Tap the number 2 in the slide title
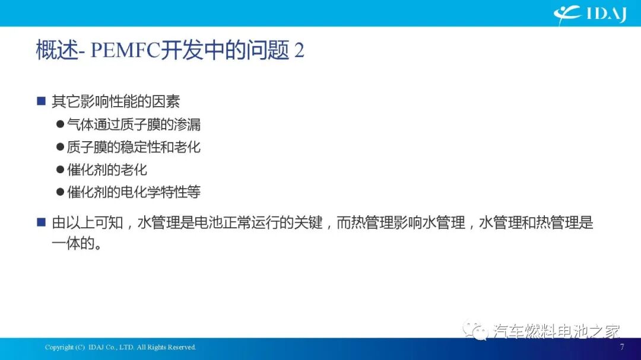click(299, 51)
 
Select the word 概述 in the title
click(57, 51)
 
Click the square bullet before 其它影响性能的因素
click(41, 101)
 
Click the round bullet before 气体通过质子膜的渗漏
click(60, 125)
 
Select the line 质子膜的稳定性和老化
click(134, 147)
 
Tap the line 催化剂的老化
click(107, 170)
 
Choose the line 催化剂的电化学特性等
click(134, 192)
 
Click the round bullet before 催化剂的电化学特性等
click(60, 192)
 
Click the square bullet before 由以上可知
click(41, 223)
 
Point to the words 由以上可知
click(88, 223)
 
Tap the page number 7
click(621, 347)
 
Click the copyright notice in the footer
click(120, 348)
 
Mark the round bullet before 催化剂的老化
click(60, 170)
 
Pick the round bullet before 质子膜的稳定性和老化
click(60, 147)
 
